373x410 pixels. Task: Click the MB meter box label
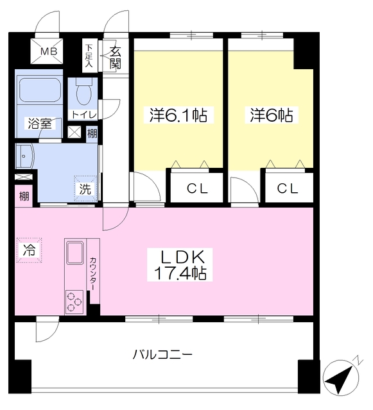[x=49, y=51]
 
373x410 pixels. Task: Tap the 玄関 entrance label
[x=116, y=58]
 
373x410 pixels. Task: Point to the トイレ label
[x=84, y=114]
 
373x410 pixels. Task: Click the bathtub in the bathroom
[x=40, y=90]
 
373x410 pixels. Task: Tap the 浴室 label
[x=40, y=124]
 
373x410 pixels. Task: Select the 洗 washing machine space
[x=85, y=189]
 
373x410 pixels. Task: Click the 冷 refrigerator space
[x=30, y=250]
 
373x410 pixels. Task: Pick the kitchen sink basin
[x=76, y=253]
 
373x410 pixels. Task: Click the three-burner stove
[x=74, y=302]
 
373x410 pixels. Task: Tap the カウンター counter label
[x=93, y=274]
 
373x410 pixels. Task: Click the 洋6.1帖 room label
[x=178, y=115]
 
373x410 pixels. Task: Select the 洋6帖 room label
[x=272, y=115]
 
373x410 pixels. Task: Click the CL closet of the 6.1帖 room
[x=197, y=188]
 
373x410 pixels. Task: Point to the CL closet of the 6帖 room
[x=289, y=188]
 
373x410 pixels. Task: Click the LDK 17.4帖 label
[x=180, y=265]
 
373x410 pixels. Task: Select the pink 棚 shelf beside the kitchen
[x=24, y=196]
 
